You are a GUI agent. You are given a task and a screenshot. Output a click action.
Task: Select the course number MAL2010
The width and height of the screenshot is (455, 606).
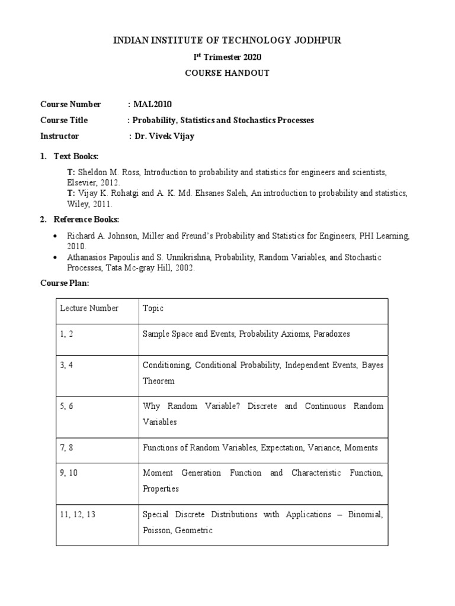pos(152,105)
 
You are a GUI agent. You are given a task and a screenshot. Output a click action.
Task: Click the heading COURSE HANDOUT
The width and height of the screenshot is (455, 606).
pos(227,73)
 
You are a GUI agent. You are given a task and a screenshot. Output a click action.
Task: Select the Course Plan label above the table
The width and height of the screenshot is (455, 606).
pos(65,283)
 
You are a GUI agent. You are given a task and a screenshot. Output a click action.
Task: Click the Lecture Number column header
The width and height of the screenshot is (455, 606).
pos(89,308)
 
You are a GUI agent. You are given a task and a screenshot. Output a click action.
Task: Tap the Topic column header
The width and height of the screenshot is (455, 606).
pos(153,308)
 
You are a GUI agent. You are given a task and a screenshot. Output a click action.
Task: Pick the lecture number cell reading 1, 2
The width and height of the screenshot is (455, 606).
pos(66,334)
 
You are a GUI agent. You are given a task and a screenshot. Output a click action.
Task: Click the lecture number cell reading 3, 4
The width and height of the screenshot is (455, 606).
pos(66,365)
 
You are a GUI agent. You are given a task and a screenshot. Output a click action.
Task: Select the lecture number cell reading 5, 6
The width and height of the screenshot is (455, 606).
pos(66,407)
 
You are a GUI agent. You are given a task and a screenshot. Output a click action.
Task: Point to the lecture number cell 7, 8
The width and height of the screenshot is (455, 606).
pos(66,448)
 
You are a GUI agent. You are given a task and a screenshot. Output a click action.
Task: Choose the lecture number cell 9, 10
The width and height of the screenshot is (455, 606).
pos(69,473)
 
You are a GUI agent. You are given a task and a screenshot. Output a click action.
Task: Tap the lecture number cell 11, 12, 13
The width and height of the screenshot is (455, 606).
pos(77,515)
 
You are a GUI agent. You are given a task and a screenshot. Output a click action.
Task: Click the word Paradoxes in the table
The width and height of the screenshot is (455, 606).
pos(330,334)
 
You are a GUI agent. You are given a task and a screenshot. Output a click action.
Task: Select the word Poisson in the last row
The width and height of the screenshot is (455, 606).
pos(156,531)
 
